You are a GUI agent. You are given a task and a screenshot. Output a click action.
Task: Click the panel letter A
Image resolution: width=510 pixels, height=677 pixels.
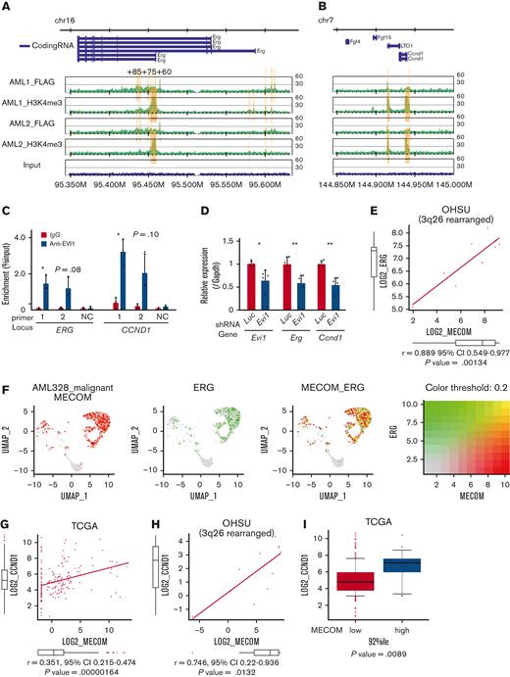[x=8, y=7]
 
